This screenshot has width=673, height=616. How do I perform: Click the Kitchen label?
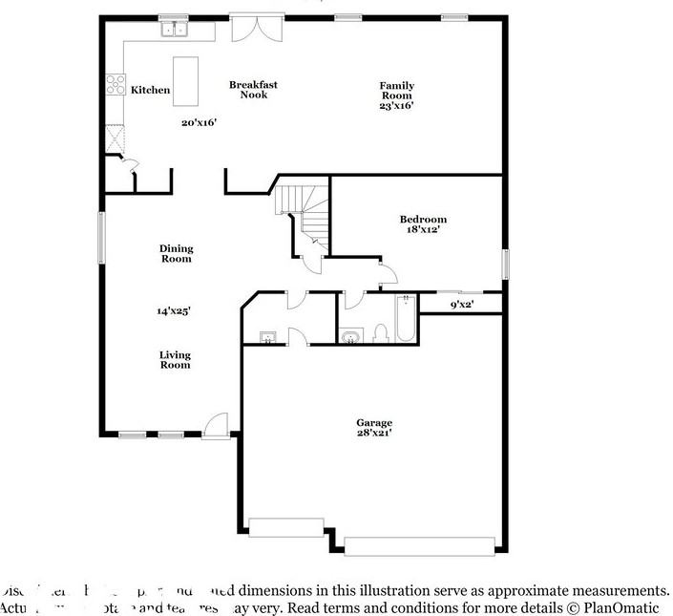150,90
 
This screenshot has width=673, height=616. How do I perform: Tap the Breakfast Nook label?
253,90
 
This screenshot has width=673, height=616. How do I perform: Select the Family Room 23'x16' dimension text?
396,106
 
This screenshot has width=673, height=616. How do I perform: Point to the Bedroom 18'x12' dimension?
422,229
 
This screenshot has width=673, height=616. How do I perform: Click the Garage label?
374,422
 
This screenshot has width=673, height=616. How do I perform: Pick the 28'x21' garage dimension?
374,433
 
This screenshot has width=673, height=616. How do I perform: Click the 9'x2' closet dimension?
462,305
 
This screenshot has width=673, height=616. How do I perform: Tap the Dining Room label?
176,253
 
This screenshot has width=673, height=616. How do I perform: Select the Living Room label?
175,359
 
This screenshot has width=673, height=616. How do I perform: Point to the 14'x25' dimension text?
175,310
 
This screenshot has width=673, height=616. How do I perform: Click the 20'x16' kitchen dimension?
200,122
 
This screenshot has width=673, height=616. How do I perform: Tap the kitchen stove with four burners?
116,84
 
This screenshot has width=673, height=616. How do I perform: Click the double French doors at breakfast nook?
256,28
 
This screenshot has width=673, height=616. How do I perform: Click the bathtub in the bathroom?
406,319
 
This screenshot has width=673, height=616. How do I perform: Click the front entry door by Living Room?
217,426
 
